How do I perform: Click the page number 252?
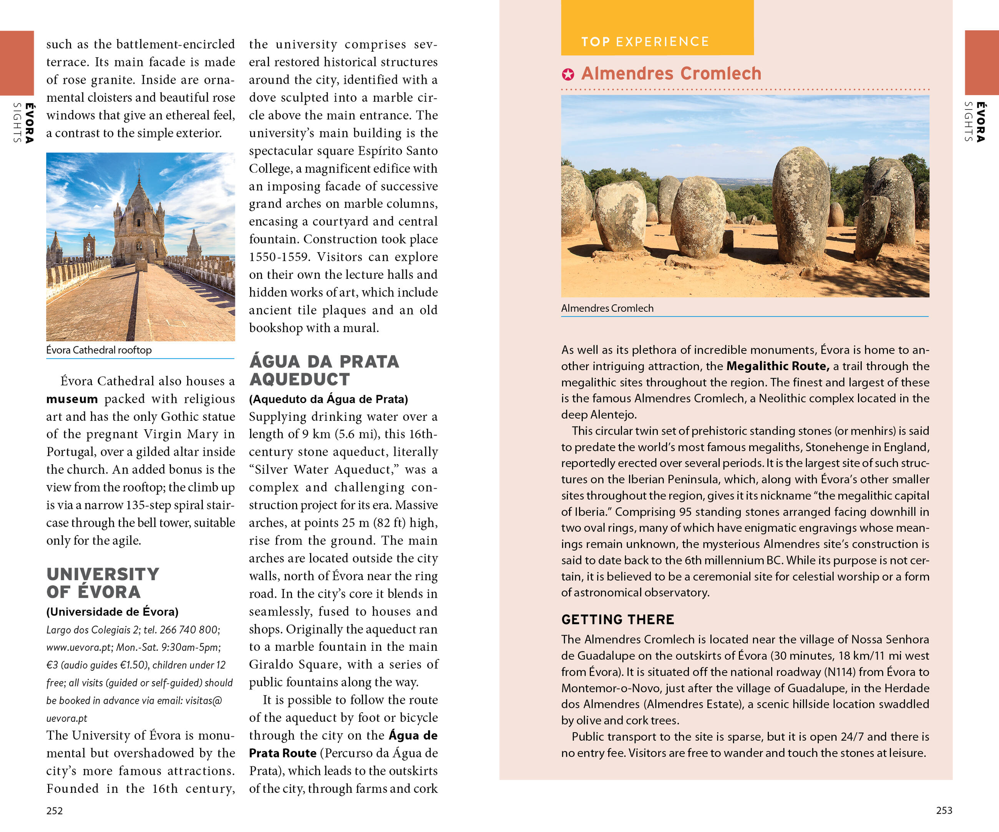point(54,810)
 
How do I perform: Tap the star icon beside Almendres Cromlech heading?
point(568,74)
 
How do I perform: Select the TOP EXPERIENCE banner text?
point(645,42)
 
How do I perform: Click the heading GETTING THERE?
point(617,619)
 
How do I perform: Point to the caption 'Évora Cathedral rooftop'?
point(99,350)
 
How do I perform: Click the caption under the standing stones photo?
point(607,308)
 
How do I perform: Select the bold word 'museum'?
point(72,399)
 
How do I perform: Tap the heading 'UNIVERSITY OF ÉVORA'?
point(102,583)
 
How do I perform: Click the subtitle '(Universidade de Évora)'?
point(112,612)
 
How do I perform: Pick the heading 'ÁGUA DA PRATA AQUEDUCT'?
point(324,371)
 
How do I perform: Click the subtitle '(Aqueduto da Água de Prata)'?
point(328,399)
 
